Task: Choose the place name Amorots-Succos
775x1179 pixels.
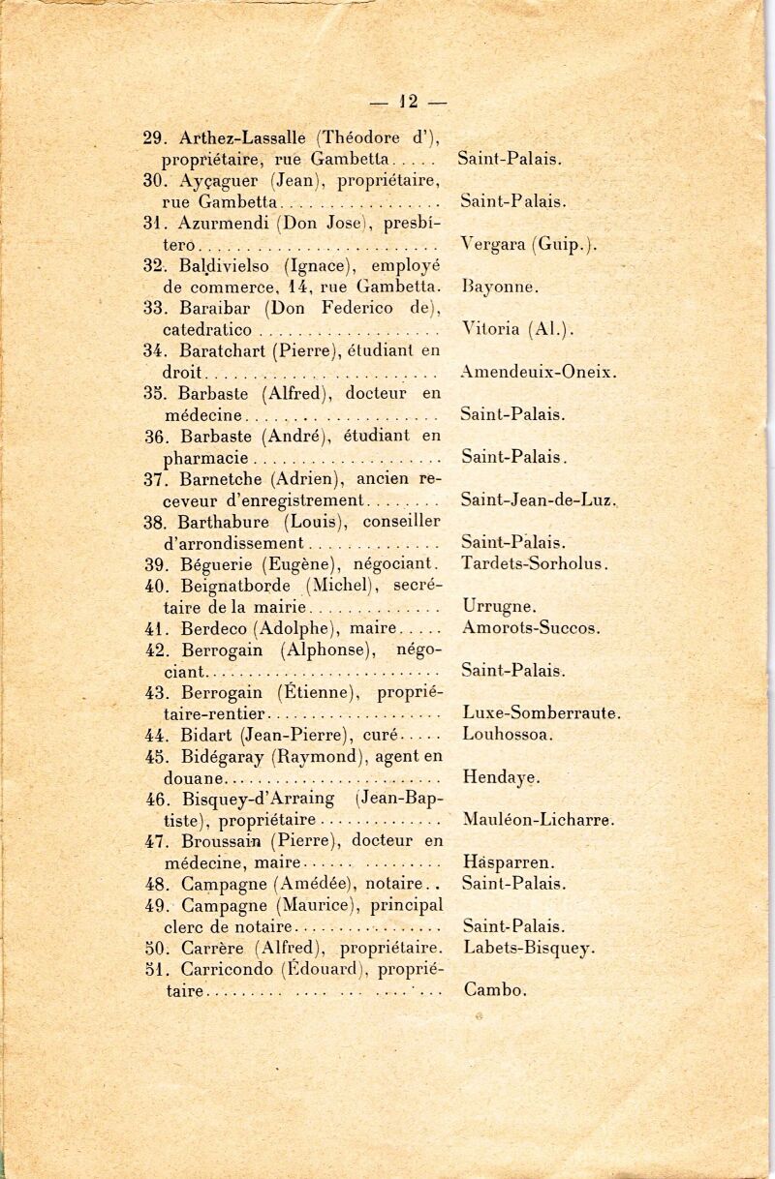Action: coord(532,627)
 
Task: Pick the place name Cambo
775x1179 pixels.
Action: coord(495,989)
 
